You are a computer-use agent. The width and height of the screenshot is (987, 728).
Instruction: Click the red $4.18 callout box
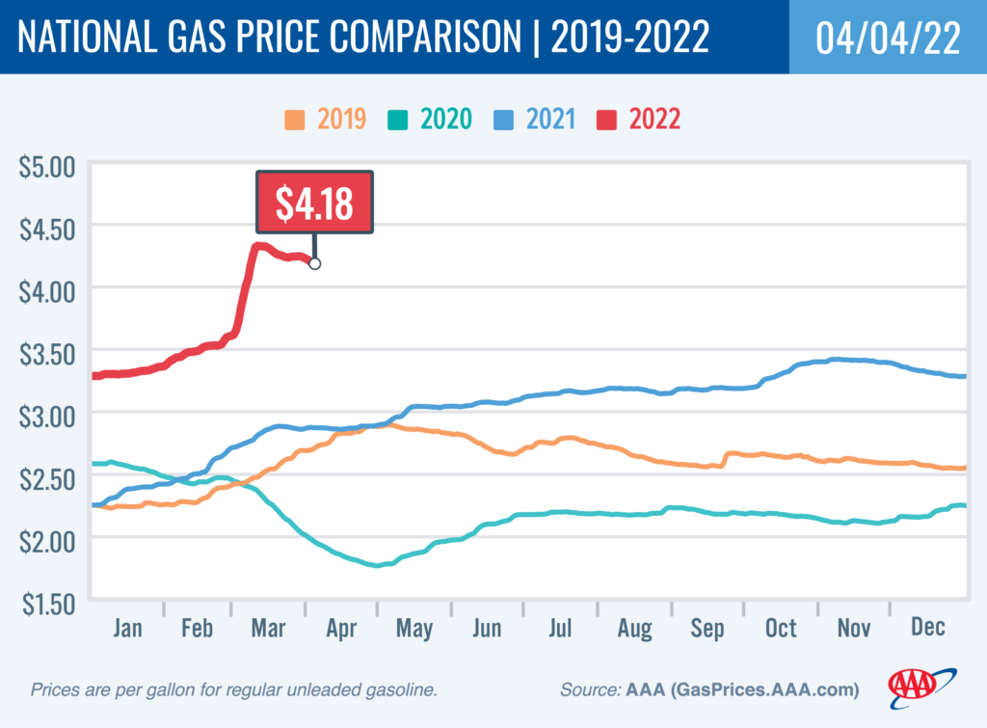point(313,202)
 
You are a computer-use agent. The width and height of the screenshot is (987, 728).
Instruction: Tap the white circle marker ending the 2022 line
point(314,263)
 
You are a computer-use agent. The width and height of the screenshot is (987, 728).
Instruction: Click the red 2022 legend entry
point(641,120)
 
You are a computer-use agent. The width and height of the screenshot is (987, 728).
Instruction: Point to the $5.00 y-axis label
point(46,166)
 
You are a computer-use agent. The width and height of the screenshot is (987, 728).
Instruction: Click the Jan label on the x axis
point(127,628)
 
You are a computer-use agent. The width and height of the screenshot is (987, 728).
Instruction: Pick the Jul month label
point(561,628)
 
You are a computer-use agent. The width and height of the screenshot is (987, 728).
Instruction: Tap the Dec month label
point(927,628)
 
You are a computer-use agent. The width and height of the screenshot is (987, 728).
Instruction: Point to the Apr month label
point(341,628)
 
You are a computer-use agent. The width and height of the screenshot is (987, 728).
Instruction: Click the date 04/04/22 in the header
point(888,38)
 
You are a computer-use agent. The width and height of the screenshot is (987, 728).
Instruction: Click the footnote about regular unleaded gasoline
point(235,690)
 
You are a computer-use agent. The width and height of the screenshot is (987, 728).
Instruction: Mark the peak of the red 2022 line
point(258,246)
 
